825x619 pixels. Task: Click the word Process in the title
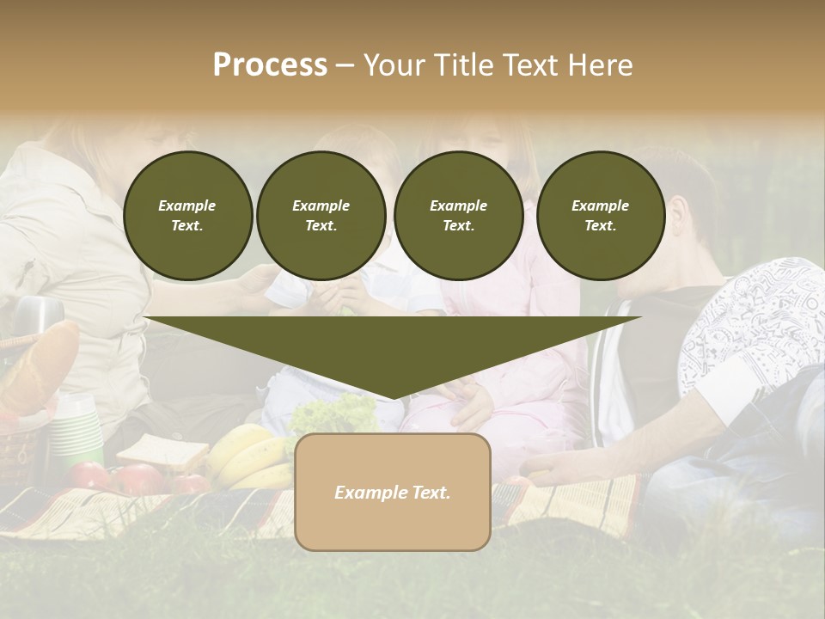(270, 64)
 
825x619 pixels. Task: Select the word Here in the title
(599, 65)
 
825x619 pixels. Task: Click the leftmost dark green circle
(187, 215)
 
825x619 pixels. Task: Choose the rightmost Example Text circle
(600, 215)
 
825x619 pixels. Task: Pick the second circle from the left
(321, 215)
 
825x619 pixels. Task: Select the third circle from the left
(458, 215)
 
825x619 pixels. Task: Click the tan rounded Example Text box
(392, 492)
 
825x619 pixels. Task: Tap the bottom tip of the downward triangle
(393, 398)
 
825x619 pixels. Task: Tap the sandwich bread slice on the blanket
(162, 450)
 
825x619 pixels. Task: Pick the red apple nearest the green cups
(90, 475)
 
